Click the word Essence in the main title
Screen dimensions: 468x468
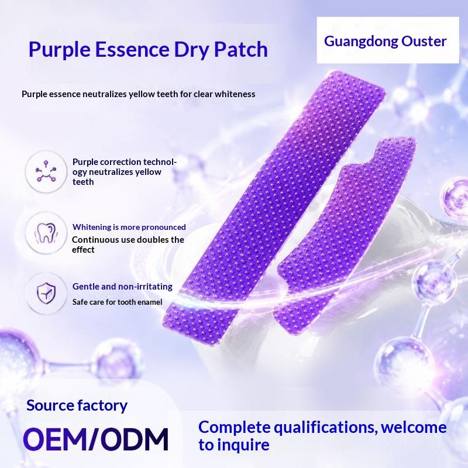pyautogui.click(x=132, y=49)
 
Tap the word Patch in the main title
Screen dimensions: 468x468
pyautogui.click(x=241, y=49)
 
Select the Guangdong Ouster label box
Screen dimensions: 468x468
pyautogui.click(x=388, y=40)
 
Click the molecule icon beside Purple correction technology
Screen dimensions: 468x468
pyautogui.click(x=46, y=171)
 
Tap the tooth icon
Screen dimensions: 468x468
pyautogui.click(x=46, y=233)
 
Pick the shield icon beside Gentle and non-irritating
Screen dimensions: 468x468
pyautogui.click(x=46, y=294)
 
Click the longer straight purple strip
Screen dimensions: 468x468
pyautogui.click(x=274, y=209)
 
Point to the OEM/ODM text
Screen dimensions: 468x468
pyautogui.click(x=96, y=439)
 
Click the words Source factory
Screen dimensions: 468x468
pyautogui.click(x=77, y=405)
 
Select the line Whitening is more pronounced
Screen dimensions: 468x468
pyautogui.click(x=129, y=227)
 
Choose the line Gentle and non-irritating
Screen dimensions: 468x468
pyautogui.click(x=122, y=287)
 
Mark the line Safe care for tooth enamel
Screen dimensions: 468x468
pyautogui.click(x=118, y=302)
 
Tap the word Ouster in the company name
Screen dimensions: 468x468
pyautogui.click(x=424, y=41)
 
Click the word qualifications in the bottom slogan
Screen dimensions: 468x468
pyautogui.click(x=324, y=428)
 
